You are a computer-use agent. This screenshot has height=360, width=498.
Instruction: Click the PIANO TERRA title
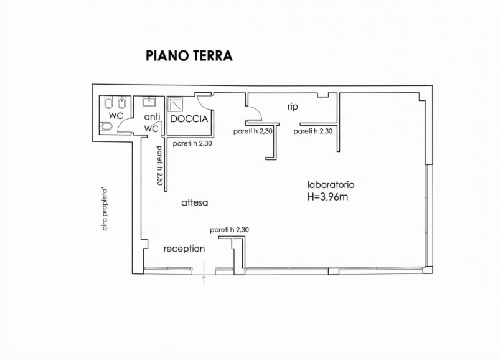(189, 55)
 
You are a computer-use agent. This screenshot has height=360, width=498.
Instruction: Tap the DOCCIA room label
(189, 119)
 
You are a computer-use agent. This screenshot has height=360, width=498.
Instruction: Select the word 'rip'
(293, 107)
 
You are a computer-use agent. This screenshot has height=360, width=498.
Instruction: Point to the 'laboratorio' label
(331, 184)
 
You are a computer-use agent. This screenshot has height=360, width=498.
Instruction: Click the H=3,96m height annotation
(328, 197)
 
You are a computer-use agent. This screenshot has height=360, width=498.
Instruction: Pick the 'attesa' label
(194, 202)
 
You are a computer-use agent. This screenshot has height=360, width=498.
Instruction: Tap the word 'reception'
(184, 249)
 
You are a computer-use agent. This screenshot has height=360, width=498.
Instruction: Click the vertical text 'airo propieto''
(105, 210)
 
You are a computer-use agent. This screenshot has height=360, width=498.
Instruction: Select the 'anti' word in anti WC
(152, 117)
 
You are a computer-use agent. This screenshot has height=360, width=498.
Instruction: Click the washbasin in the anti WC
(149, 102)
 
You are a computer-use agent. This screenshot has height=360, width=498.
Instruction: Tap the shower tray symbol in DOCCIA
(176, 105)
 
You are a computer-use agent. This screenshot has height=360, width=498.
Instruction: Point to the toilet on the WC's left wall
(106, 127)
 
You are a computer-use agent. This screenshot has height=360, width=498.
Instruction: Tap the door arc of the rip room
(255, 113)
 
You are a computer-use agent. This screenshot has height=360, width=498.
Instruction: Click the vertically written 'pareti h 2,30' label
(159, 165)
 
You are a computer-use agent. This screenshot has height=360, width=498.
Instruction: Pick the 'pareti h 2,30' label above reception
(229, 230)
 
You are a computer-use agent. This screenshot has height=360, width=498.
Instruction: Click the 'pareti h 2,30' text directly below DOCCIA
(192, 144)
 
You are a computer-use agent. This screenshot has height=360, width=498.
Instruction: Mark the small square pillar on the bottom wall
(334, 272)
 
